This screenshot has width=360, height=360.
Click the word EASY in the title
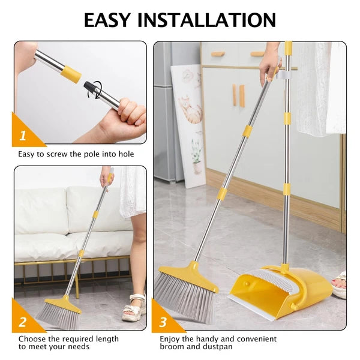(107, 20)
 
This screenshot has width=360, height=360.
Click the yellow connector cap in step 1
(71, 74)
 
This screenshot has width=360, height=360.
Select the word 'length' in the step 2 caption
(107, 339)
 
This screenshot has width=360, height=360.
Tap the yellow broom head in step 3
(189, 276)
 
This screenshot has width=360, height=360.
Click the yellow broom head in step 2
(63, 304)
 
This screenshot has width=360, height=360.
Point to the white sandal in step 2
(134, 308)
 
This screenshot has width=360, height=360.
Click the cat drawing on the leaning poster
(190, 110)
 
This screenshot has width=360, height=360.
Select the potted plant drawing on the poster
(197, 157)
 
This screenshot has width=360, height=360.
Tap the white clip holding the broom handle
(281, 74)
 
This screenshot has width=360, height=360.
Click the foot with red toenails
(340, 284)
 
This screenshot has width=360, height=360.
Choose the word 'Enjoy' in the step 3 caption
(170, 340)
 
